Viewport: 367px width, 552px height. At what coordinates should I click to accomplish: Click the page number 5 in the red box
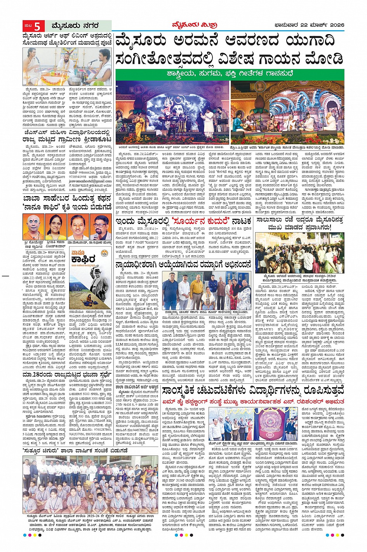[x=37, y=26]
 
